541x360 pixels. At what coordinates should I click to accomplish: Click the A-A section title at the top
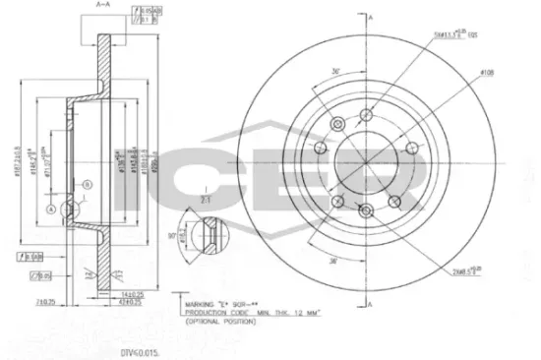coord(101,6)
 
